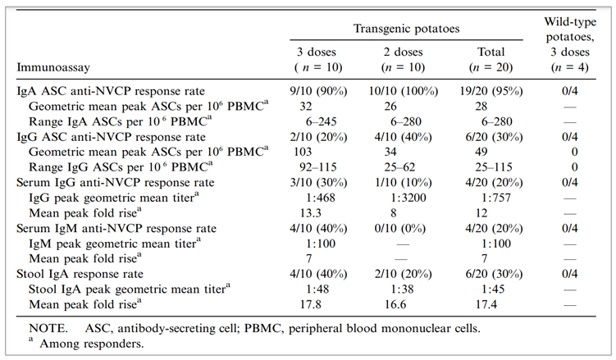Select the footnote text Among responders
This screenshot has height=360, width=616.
(85, 343)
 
